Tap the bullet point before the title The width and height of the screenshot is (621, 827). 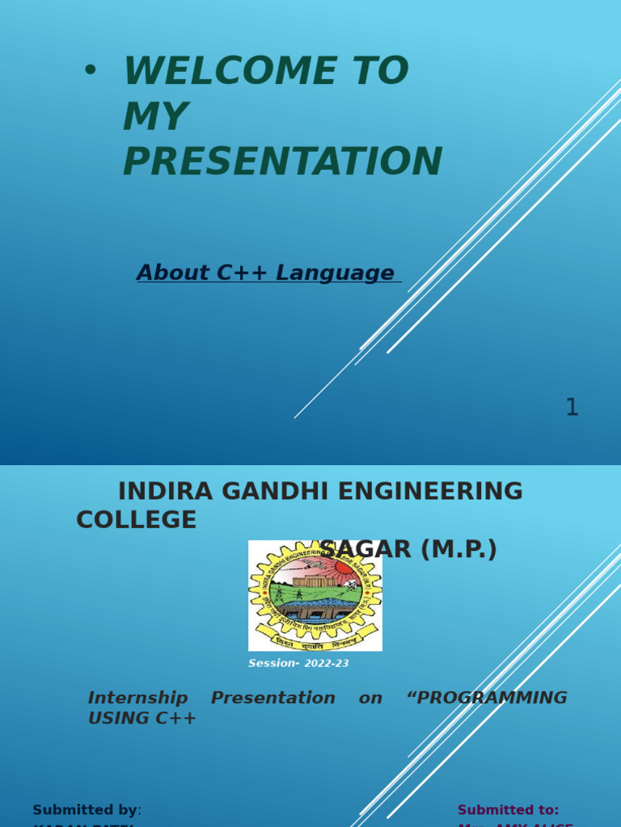click(x=90, y=70)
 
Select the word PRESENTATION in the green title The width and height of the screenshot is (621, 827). click(x=282, y=162)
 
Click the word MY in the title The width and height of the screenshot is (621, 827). click(x=155, y=116)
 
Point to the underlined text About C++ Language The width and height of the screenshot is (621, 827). click(x=265, y=273)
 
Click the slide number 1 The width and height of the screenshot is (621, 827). click(x=572, y=408)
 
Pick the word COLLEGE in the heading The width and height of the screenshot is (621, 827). click(x=136, y=520)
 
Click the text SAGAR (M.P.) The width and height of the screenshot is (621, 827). click(x=408, y=549)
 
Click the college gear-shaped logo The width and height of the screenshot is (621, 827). click(x=315, y=595)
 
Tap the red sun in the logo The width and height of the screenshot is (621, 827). click(x=344, y=569)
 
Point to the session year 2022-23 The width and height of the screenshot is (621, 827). click(x=327, y=664)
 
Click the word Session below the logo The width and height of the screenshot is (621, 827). click(x=273, y=664)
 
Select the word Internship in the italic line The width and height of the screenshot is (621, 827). click(x=137, y=698)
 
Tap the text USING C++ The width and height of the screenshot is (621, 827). click(x=142, y=718)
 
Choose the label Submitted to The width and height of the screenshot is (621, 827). click(x=508, y=810)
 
